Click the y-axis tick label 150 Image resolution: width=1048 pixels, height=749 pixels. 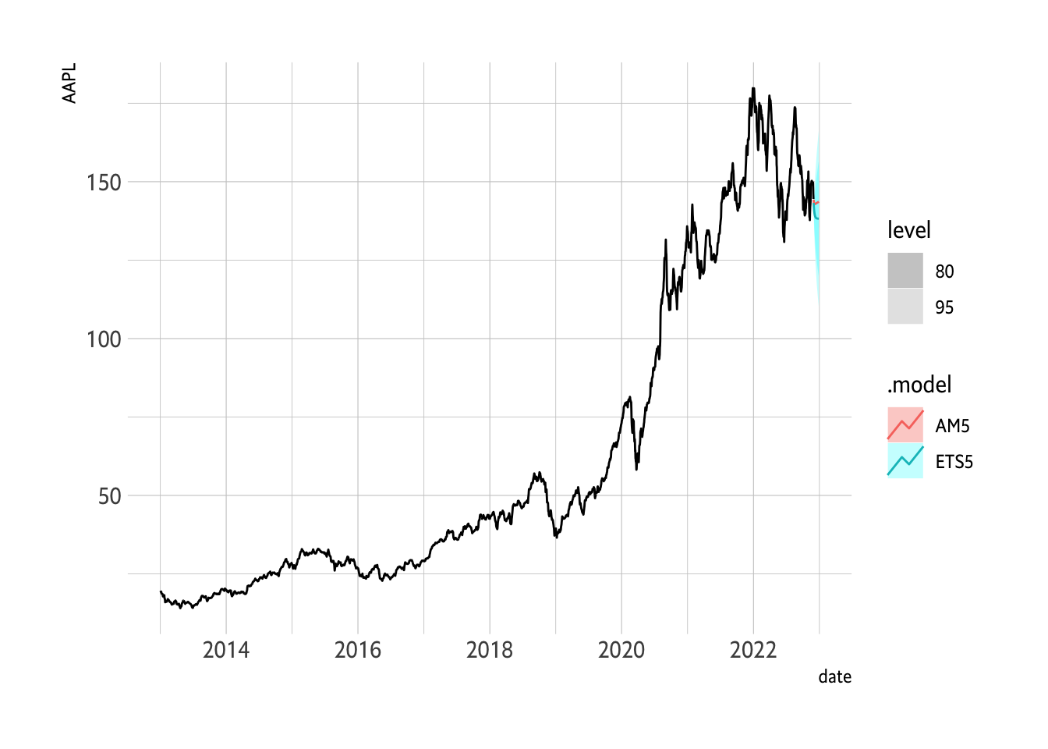click(104, 183)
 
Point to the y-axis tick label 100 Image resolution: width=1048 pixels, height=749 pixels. click(104, 339)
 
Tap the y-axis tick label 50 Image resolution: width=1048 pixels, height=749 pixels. click(109, 496)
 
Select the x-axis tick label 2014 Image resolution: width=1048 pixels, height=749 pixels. click(225, 650)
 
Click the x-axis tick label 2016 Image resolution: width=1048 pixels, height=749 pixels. click(358, 650)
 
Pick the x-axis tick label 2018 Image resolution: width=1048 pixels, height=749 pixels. click(490, 650)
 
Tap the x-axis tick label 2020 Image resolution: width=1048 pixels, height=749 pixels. click(621, 650)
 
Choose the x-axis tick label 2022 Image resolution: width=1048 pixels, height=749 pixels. click(753, 650)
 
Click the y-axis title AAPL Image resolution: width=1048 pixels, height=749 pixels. click(70, 83)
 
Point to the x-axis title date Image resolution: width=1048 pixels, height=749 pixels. click(834, 677)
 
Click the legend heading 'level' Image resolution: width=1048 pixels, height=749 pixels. click(908, 230)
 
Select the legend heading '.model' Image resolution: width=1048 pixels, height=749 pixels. click(919, 385)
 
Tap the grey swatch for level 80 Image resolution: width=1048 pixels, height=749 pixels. click(905, 271)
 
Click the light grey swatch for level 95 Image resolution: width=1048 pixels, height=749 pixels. click(905, 307)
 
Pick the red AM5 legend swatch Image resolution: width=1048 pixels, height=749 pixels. click(905, 425)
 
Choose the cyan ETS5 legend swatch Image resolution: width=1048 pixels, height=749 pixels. click(905, 461)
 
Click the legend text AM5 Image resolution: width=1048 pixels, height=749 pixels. click(952, 426)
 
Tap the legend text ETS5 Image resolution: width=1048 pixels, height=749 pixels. click(954, 462)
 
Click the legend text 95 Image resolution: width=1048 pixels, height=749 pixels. click(944, 307)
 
